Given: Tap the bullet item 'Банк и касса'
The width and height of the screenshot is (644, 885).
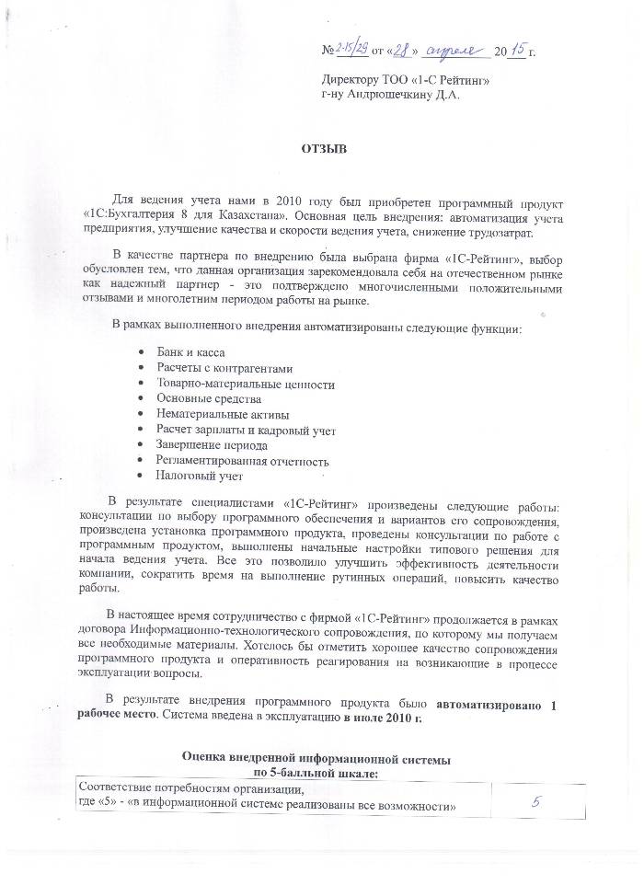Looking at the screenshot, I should pos(191,352).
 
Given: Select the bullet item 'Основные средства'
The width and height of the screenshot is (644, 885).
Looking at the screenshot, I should pos(209,399).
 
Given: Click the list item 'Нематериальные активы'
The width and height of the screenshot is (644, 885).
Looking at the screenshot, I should pos(221,415).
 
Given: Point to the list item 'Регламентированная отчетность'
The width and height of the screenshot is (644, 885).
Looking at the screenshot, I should pos(243,461).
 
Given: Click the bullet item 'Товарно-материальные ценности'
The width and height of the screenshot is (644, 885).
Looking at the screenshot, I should pos(246,384).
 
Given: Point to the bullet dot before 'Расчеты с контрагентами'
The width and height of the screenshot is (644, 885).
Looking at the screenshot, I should pos(139,368).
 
